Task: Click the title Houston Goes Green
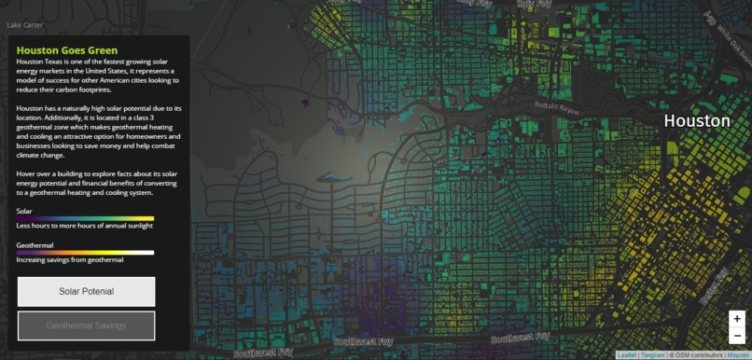coord(67,50)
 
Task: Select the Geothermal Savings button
coord(86,325)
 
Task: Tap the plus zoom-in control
coord(736,319)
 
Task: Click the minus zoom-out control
coord(736,336)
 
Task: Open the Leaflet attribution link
coord(627,355)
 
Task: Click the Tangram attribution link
coord(653,355)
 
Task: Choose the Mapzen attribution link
coord(738,355)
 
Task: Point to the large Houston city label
coord(696,121)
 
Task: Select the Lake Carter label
coord(24,25)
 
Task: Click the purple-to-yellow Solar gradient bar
coord(85,218)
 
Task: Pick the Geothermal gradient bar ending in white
coord(85,253)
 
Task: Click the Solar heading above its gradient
coord(24,212)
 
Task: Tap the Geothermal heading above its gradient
coord(35,245)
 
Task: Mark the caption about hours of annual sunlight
coord(85,226)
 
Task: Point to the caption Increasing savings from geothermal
coord(70,260)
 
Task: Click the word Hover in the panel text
coord(26,173)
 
